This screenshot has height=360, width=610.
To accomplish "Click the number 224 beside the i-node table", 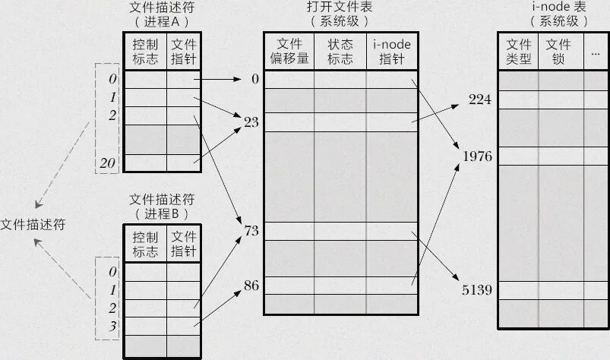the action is click(480, 99).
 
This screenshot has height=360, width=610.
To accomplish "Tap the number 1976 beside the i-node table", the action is click(477, 156).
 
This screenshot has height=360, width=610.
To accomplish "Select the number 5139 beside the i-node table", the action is click(477, 290).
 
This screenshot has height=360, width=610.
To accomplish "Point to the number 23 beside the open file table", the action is click(251, 122).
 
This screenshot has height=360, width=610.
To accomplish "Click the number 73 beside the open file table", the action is click(251, 231).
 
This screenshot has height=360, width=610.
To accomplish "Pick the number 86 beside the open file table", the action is click(251, 286).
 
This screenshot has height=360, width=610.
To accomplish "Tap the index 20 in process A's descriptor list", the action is click(108, 163).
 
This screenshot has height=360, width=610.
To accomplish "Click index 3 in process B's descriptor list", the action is click(112, 326).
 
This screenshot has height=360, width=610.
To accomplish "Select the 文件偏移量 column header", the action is click(289, 51).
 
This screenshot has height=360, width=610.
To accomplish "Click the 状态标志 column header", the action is click(340, 51).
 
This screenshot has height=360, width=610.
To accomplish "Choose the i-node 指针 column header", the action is click(392, 52).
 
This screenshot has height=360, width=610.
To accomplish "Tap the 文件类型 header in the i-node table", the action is click(519, 52).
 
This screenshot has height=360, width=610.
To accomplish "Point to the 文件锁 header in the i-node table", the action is click(558, 52).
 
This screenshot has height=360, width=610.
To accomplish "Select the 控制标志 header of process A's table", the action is click(145, 52).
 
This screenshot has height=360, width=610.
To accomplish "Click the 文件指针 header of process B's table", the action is click(184, 244).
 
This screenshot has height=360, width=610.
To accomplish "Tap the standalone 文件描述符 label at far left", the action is click(33, 224).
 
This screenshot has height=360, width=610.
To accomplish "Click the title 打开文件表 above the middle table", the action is click(340, 7).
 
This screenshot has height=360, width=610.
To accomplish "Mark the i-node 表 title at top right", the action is click(559, 7).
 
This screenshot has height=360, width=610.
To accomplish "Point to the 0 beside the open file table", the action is click(255, 79).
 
